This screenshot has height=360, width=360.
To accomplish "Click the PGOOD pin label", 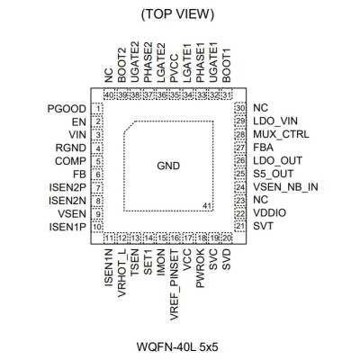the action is (67, 109).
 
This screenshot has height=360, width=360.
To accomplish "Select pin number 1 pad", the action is (97, 108).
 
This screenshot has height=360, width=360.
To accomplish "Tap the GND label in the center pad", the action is (168, 166).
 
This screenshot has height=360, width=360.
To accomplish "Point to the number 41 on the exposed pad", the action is (207, 206).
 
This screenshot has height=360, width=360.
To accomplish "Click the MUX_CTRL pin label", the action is (281, 134).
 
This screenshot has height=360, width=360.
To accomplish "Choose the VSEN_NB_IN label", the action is (285, 187).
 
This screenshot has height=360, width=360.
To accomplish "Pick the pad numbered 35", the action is (175, 94).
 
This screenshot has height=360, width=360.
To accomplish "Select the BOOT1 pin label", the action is (227, 66).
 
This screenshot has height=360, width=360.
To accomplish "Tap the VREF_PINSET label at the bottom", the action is (175, 284).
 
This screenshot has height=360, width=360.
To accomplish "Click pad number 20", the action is (227, 238).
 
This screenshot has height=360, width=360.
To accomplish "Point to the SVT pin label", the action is (263, 226).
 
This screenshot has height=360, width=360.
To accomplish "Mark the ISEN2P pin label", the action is (67, 187).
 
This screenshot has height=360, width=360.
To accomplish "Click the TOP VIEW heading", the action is (177, 14).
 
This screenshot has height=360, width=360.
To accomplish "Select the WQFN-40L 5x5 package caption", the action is (177, 347).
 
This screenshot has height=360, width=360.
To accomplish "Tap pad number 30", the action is (240, 108).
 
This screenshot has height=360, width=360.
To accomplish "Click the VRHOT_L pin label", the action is (122, 273).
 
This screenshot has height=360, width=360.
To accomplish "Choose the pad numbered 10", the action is (97, 227).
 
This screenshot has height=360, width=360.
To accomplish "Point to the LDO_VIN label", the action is (275, 121).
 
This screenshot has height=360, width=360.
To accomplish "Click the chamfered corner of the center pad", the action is (130, 126).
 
